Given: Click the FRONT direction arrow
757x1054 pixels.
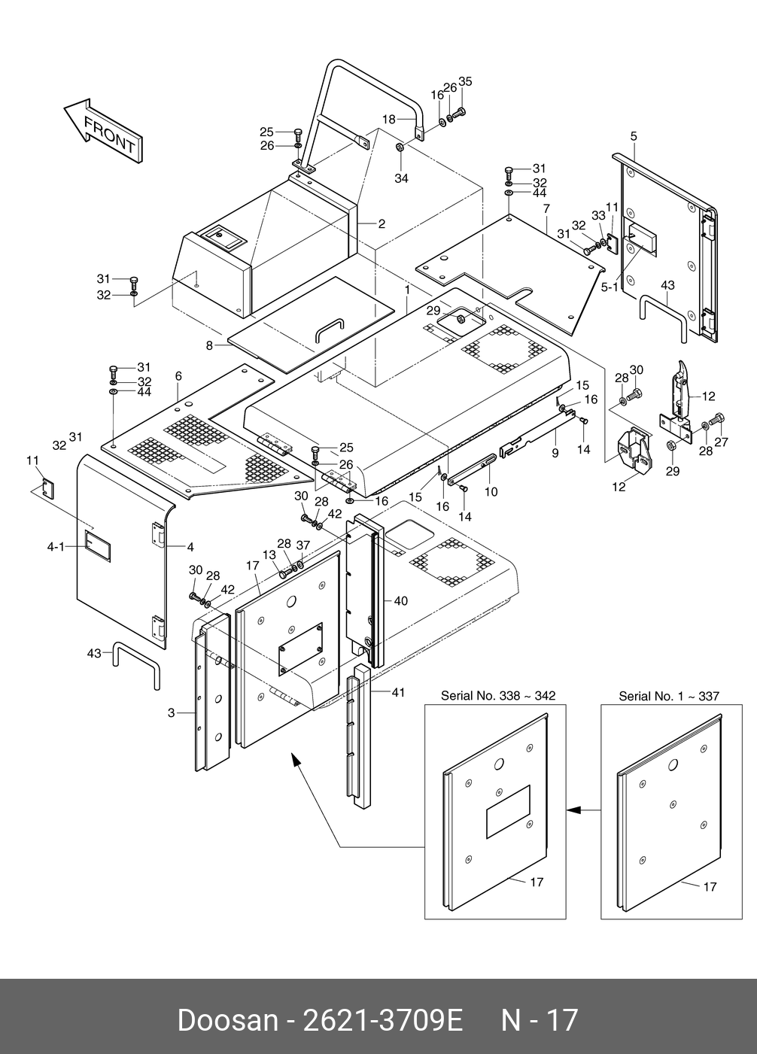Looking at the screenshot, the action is pyautogui.click(x=102, y=131).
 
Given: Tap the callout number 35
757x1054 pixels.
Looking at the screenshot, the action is pyautogui.click(x=465, y=81).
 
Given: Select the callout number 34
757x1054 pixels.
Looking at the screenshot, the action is pyautogui.click(x=401, y=178).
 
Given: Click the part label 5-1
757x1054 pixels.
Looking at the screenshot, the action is pyautogui.click(x=610, y=287).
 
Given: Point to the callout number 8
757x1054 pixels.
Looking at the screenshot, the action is pyautogui.click(x=209, y=346).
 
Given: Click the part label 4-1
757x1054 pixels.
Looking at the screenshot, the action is pyautogui.click(x=56, y=547).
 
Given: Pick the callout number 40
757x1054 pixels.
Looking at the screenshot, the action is pyautogui.click(x=400, y=601).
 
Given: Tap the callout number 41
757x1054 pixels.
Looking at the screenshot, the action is pyautogui.click(x=398, y=692).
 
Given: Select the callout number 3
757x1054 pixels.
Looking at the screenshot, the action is pyautogui.click(x=172, y=713).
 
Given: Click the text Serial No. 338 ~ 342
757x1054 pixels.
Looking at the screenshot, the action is pyautogui.click(x=498, y=695).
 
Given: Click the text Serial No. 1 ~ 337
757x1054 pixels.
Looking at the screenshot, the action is pyautogui.click(x=669, y=696).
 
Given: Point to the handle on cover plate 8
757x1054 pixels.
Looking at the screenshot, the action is pyautogui.click(x=330, y=329).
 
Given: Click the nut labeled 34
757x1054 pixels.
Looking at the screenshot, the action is pyautogui.click(x=399, y=147).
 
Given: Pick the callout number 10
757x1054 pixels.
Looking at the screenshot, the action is pyautogui.click(x=491, y=492).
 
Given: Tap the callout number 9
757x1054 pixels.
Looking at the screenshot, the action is pyautogui.click(x=555, y=453).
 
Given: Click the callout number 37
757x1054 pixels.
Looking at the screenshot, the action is pyautogui.click(x=303, y=545).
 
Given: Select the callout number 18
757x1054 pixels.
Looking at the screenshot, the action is pyautogui.click(x=389, y=120).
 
